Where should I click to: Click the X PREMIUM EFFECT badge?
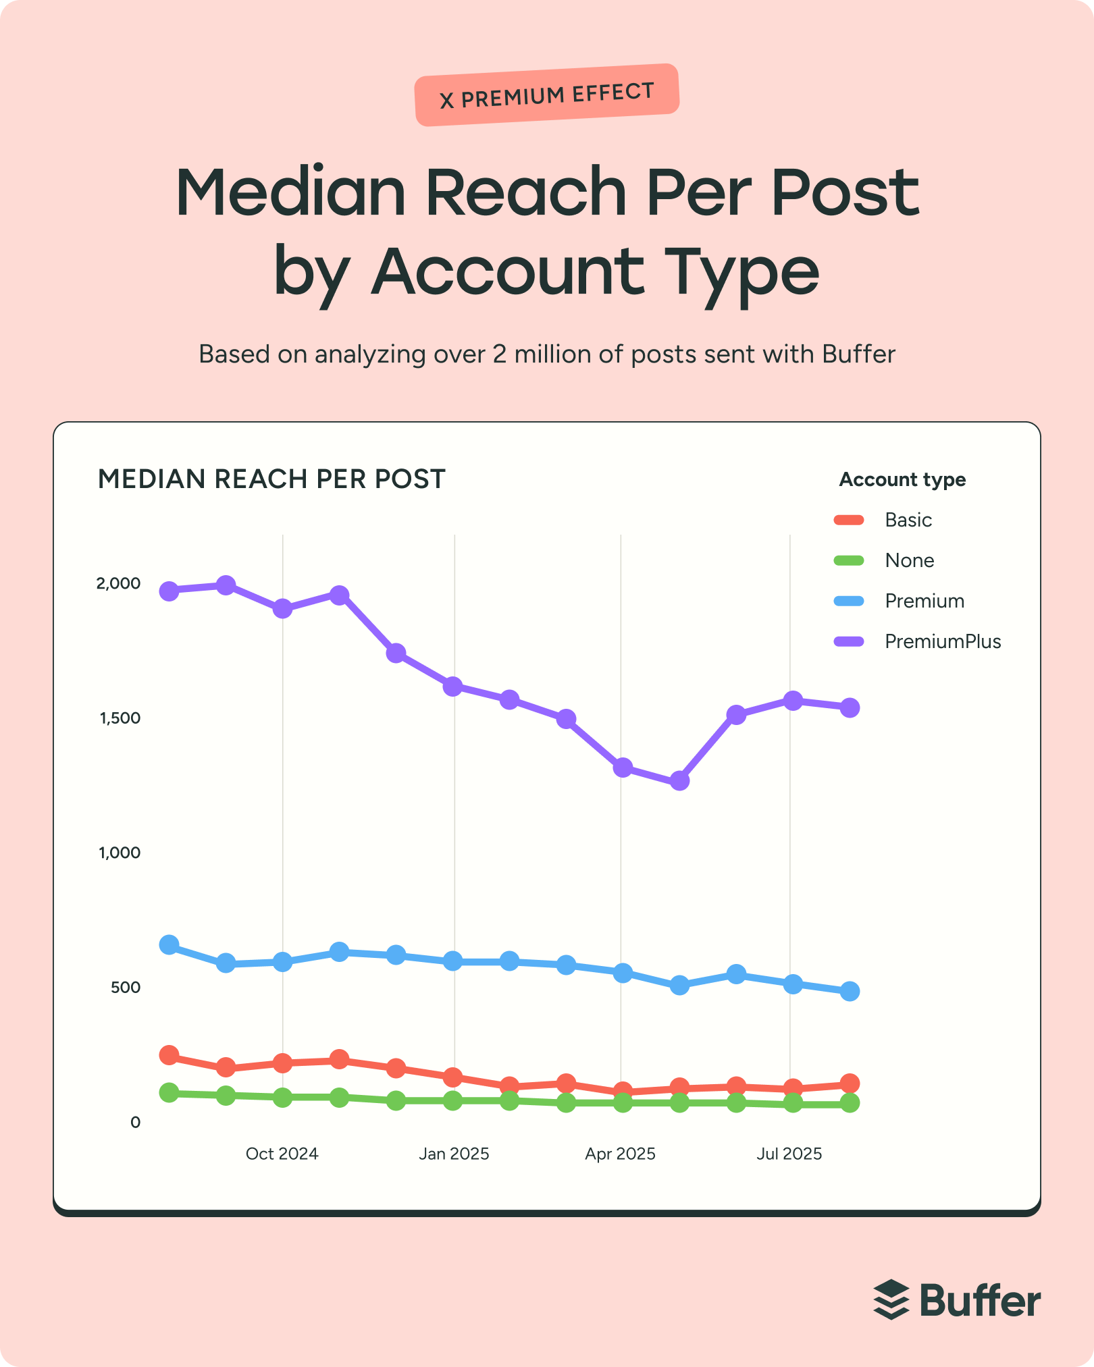pos(546,95)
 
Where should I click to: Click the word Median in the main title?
pos(290,193)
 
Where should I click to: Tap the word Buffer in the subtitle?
pos(858,354)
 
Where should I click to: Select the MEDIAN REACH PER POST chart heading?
pos(271,479)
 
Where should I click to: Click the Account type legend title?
pos(902,480)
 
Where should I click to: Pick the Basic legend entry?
pos(908,520)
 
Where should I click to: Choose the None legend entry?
pos(909,560)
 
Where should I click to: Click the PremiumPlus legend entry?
pos(942,641)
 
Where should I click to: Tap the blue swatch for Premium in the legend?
pos(849,601)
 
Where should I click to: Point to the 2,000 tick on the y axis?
pos(119,583)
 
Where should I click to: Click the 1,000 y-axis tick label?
pos(120,853)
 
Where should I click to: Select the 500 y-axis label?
pos(126,988)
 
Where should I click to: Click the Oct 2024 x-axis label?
pos(282,1154)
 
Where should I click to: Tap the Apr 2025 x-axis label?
pos(620,1154)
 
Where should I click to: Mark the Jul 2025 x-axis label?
pos(789,1154)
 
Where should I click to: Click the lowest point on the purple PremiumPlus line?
pos(679,781)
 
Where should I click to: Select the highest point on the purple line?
pos(226,585)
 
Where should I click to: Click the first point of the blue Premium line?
pos(169,944)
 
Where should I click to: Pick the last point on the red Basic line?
pos(850,1083)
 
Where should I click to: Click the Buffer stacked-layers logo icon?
pos(891,1299)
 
